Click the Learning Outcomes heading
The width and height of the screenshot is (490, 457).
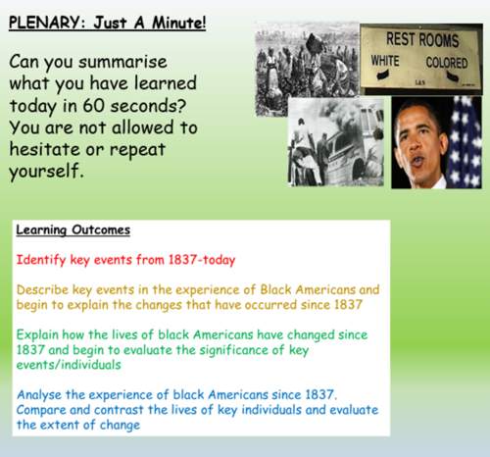[73, 230]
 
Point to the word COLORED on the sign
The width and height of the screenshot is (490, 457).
[449, 61]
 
